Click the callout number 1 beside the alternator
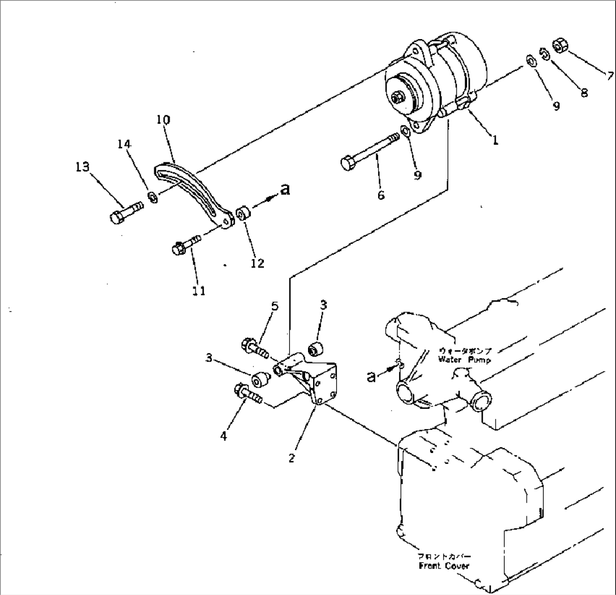tap(494, 141)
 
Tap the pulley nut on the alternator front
tap(397, 98)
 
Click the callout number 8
tap(584, 92)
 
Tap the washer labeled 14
tap(152, 197)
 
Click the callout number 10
tap(163, 120)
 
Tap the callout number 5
tap(275, 306)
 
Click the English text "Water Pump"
tap(465, 359)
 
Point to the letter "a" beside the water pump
tap(371, 376)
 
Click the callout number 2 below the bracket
tap(292, 458)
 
